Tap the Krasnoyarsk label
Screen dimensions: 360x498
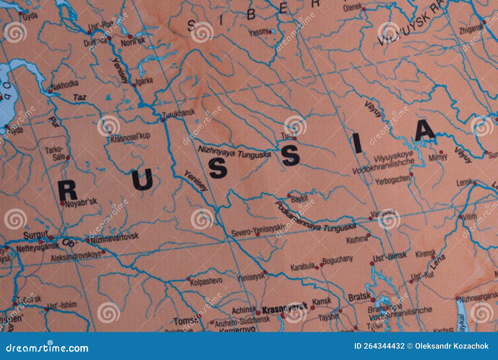click(284, 308)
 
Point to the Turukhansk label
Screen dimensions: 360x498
click(179, 113)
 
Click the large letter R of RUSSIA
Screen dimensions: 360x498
click(68, 191)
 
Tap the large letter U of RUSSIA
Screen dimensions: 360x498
click(143, 180)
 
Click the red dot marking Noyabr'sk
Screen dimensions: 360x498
click(63, 204)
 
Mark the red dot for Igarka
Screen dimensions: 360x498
click(134, 85)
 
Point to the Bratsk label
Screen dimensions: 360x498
click(359, 297)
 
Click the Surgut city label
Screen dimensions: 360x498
click(35, 235)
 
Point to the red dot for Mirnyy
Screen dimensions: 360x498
click(441, 152)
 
